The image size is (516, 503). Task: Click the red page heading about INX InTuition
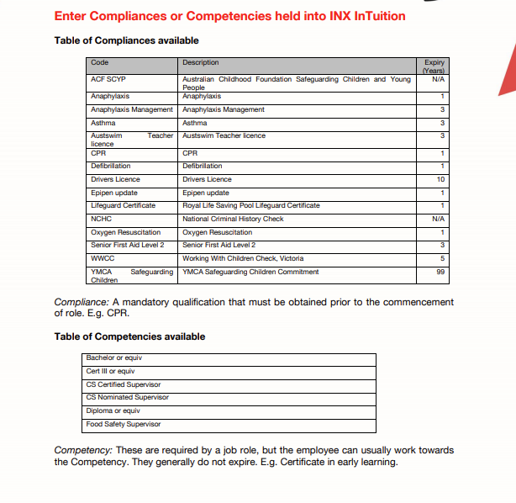229,16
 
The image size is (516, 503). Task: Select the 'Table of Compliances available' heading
126,40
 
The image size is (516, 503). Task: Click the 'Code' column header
100,62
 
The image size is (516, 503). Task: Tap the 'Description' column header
200,62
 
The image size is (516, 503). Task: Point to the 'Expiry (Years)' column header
434,66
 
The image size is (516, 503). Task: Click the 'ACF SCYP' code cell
108,79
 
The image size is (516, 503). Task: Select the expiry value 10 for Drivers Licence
440,179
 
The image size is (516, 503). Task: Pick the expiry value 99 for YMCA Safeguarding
440,272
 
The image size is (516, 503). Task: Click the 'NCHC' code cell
102,219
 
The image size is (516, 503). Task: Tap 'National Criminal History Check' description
233,219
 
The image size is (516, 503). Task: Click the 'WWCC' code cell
103,258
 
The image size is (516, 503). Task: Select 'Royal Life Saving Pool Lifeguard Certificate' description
250,205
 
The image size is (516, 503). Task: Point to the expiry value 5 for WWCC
442,258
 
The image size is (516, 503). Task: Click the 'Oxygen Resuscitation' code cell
125,232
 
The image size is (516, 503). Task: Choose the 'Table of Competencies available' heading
129,336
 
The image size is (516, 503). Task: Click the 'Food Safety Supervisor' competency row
124,424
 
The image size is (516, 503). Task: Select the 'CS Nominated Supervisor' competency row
127,397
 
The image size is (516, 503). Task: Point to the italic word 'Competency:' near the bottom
83,450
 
